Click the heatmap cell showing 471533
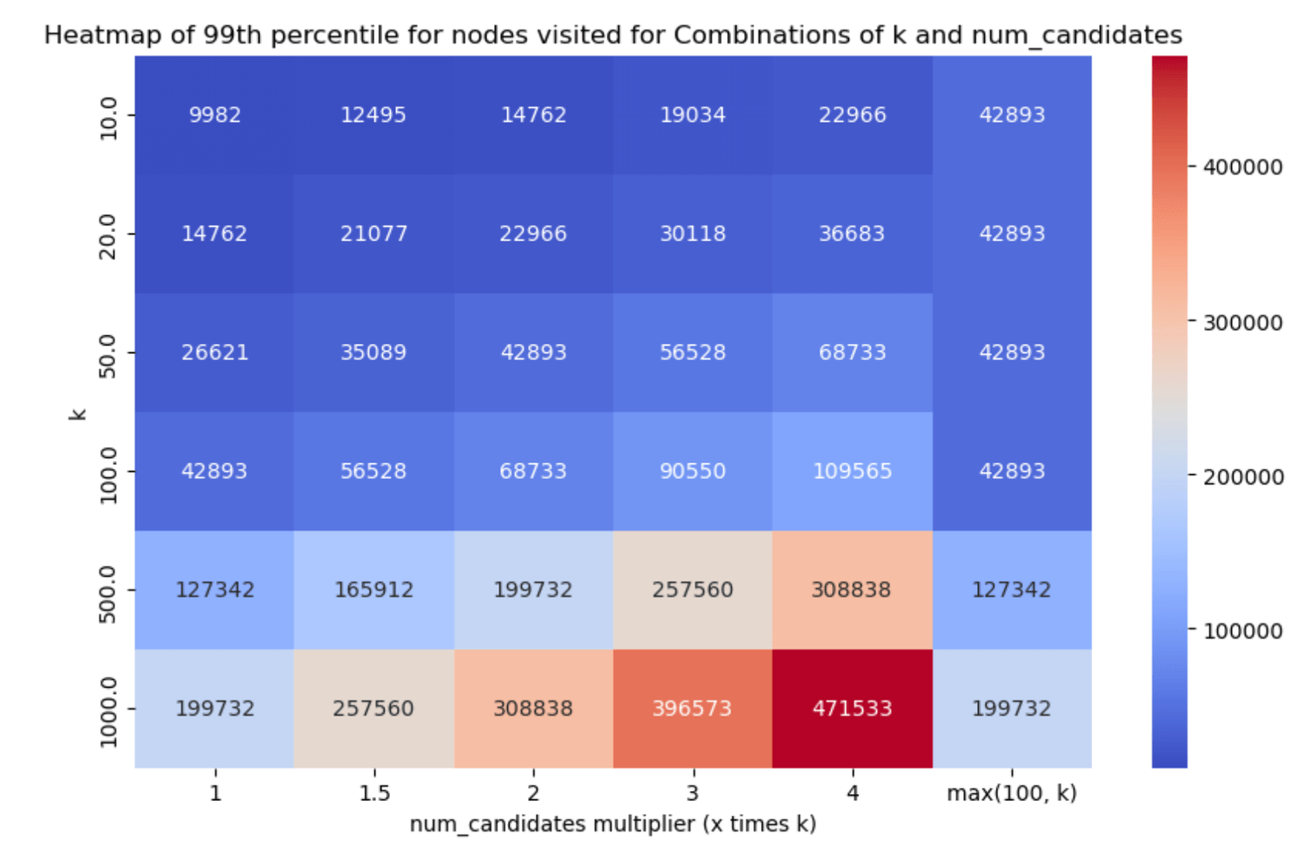click(x=853, y=709)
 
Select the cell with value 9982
click(x=214, y=116)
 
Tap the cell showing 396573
click(x=693, y=709)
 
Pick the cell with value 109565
click(x=853, y=471)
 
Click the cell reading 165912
click(x=374, y=589)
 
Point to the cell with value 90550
click(x=693, y=471)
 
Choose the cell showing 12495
click(x=374, y=116)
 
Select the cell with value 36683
click(x=853, y=234)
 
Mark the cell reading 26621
click(x=214, y=353)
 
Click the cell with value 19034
click(x=693, y=116)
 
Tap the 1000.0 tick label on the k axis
click(x=108, y=712)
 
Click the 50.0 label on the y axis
click(x=108, y=357)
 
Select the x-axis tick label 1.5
click(x=375, y=794)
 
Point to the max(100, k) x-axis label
click(x=1012, y=794)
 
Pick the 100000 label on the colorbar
click(x=1243, y=632)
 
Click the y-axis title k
click(x=78, y=415)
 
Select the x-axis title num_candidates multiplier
click(x=554, y=824)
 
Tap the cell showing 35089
click(x=374, y=353)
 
